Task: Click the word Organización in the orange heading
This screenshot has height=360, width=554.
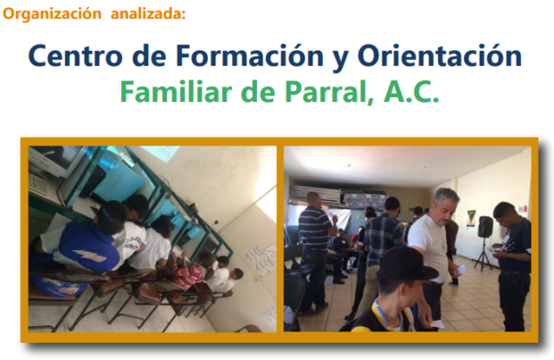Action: (52, 14)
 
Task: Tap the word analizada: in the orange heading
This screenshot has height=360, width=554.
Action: (148, 14)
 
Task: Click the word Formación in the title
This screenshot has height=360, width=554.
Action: (249, 56)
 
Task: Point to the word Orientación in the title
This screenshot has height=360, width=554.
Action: (440, 56)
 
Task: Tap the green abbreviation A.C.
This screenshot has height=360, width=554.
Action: (411, 92)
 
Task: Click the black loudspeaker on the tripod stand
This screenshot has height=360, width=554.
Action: (485, 227)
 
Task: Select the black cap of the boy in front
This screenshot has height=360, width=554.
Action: (406, 265)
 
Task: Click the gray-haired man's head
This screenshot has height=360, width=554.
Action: (445, 204)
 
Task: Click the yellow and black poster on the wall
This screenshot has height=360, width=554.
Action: (471, 221)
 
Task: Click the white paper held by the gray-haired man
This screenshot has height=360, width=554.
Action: (461, 269)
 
